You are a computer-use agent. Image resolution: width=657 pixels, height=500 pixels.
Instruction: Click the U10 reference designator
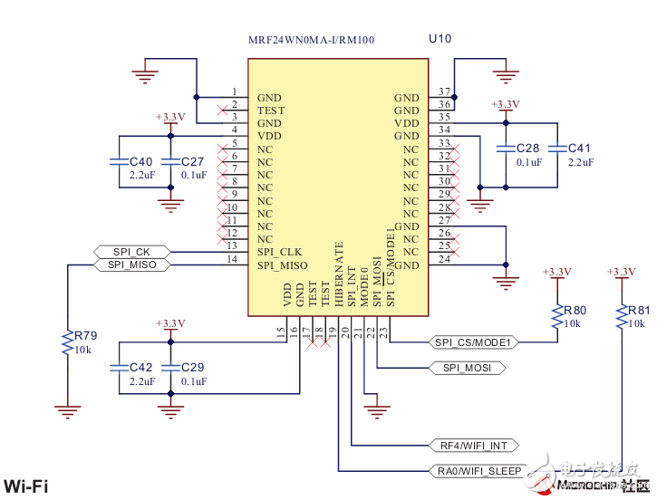(x=440, y=39)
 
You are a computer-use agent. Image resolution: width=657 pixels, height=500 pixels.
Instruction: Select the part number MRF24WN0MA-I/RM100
(x=311, y=41)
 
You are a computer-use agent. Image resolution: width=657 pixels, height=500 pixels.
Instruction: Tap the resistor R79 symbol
(x=66, y=342)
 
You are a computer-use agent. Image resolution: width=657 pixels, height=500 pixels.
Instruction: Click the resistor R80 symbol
(x=556, y=317)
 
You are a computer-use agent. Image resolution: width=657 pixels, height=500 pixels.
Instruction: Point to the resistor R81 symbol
(x=622, y=317)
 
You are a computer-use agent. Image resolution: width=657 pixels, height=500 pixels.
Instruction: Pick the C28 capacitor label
(x=528, y=148)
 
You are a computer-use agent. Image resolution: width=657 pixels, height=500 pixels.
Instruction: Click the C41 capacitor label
(x=580, y=148)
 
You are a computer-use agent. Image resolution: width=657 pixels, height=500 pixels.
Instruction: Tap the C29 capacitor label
(x=193, y=368)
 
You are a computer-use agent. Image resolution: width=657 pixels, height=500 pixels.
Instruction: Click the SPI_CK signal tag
(x=131, y=251)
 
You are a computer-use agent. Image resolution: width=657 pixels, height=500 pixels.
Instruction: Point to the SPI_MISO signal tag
(x=131, y=264)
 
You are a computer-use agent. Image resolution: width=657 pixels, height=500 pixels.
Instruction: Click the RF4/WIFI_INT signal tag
(x=474, y=446)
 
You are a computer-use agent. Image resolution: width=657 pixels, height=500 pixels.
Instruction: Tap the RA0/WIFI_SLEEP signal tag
(x=479, y=471)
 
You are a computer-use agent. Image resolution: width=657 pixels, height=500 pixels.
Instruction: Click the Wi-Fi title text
(x=26, y=486)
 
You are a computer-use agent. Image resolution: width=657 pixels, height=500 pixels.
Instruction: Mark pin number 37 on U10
(x=444, y=92)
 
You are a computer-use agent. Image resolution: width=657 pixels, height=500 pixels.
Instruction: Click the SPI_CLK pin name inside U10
(x=279, y=252)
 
